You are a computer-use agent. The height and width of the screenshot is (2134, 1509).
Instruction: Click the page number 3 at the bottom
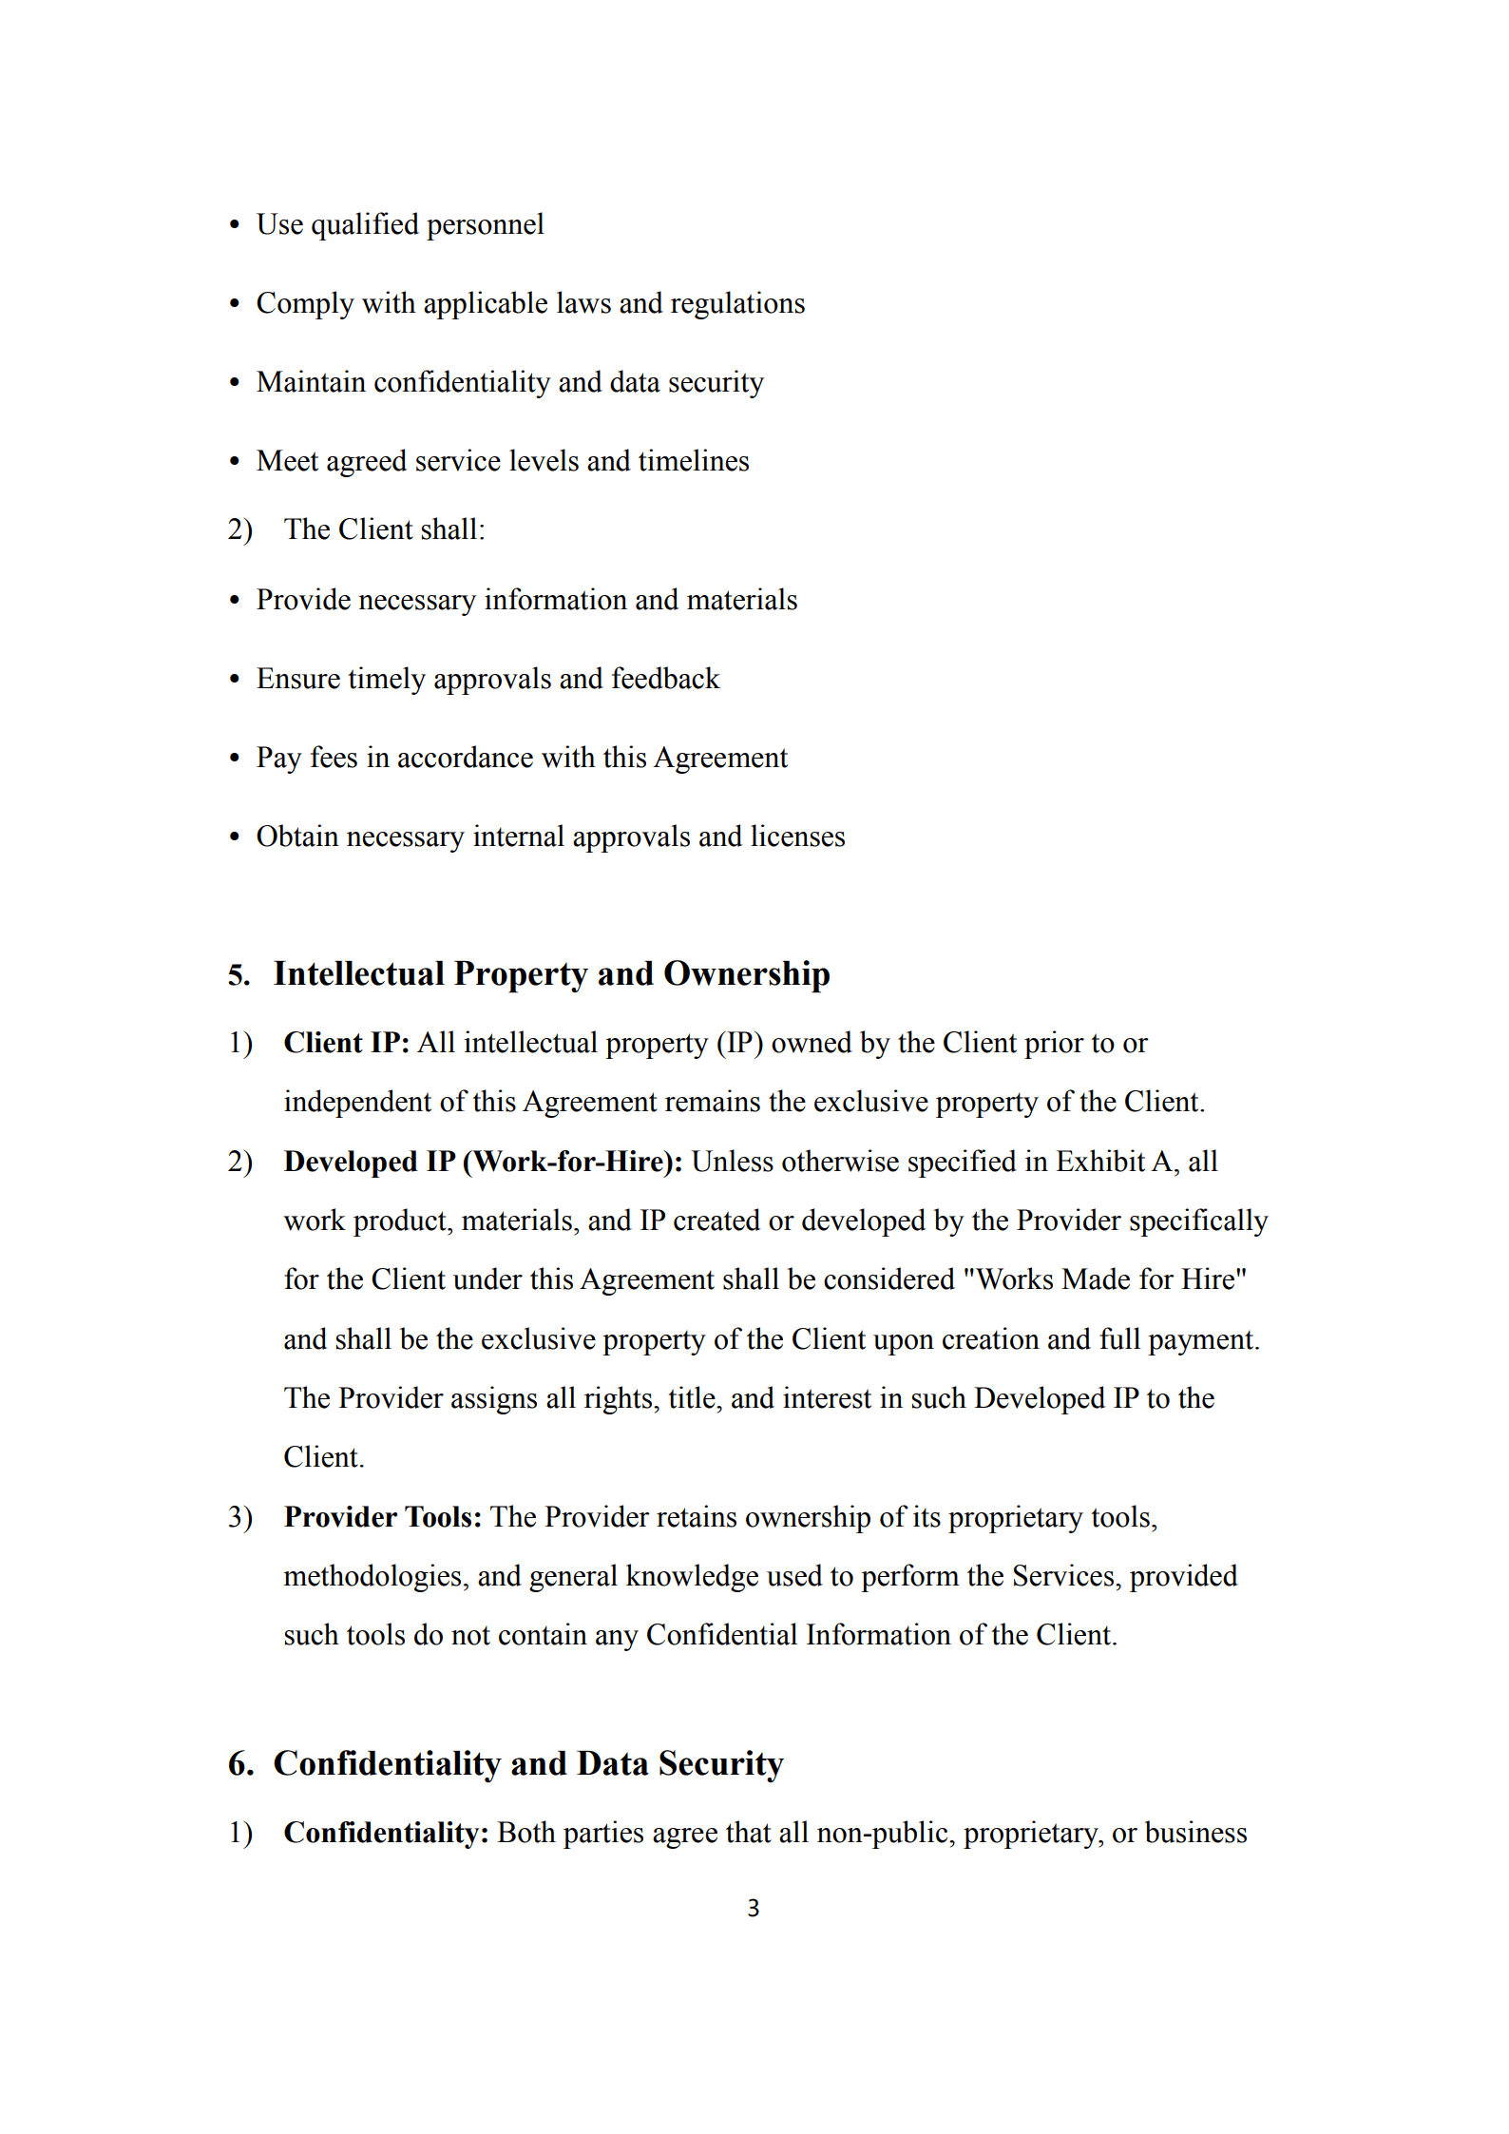click(753, 1908)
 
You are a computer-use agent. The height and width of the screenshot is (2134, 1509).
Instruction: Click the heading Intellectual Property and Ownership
click(551, 974)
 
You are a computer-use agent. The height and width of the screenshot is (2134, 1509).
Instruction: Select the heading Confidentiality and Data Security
click(527, 1763)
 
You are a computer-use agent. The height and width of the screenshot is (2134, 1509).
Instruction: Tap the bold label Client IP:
click(346, 1043)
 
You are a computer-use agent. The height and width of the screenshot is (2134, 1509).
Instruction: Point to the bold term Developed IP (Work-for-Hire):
click(483, 1162)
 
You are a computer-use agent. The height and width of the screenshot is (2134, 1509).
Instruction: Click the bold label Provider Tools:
click(382, 1517)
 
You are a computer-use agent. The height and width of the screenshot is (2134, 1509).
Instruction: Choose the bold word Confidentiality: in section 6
click(386, 1833)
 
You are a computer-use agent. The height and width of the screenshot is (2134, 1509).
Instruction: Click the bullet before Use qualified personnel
click(235, 225)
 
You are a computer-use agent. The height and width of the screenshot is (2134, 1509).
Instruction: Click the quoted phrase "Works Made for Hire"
click(1104, 1279)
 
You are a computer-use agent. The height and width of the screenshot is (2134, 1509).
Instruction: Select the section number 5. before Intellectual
click(239, 975)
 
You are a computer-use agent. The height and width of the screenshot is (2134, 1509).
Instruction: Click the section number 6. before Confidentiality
click(240, 1764)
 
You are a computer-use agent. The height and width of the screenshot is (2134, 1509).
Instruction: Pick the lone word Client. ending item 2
click(324, 1457)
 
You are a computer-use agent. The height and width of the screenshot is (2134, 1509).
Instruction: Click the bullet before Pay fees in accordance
click(235, 759)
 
